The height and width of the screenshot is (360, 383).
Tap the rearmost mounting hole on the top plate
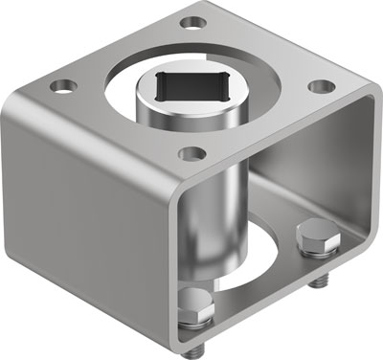pyautogui.click(x=194, y=20)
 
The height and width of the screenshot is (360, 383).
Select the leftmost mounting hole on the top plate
pyautogui.click(x=65, y=86)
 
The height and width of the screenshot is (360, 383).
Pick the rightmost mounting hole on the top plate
pyautogui.click(x=317, y=84)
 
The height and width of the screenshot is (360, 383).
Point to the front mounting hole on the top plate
pyautogui.click(x=192, y=152)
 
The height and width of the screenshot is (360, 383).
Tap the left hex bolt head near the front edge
pyautogui.click(x=194, y=304)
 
